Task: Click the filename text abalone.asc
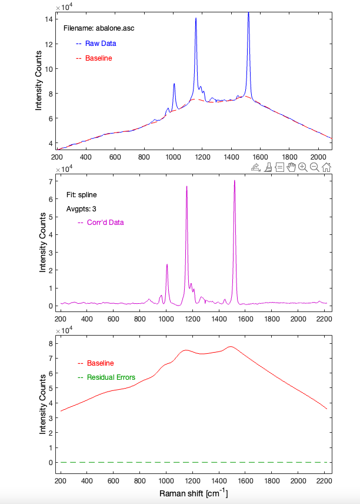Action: coord(115,28)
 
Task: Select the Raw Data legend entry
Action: coord(96,44)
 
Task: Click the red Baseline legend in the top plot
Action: coord(94,58)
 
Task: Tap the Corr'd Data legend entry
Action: coord(101,223)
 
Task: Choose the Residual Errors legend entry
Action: coord(106,377)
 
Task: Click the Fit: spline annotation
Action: coord(82,195)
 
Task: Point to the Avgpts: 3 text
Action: coord(81,209)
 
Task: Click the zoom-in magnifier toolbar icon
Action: coord(302,167)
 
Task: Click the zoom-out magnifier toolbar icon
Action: coord(314,167)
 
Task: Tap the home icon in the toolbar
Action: coord(326,167)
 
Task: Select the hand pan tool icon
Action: coord(291,167)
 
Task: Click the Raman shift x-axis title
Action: coord(194,493)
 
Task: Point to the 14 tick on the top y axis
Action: coord(49,19)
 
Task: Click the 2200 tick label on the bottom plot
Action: coord(324,481)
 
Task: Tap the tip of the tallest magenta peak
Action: coord(235,180)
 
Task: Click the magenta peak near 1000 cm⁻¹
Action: coord(167,264)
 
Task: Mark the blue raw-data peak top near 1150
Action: coord(196,18)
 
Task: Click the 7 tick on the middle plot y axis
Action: coord(51,181)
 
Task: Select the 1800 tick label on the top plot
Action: coord(289,157)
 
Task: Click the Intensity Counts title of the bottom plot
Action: coord(42,404)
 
